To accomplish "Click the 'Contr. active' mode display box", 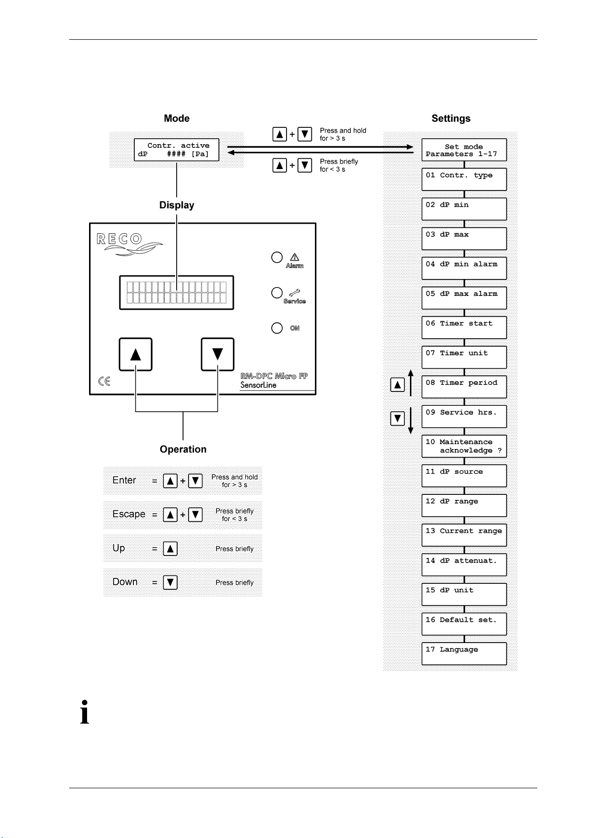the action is click(x=177, y=150).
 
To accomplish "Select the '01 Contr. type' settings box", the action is click(x=464, y=180).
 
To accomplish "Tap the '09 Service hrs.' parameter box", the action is click(x=464, y=416).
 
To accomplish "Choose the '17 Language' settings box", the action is click(x=464, y=653).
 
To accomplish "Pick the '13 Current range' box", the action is click(x=464, y=535).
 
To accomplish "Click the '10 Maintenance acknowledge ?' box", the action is click(x=464, y=446).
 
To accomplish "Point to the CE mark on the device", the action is click(x=104, y=381).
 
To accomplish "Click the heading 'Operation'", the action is click(x=183, y=449).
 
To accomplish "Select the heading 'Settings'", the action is click(x=451, y=118).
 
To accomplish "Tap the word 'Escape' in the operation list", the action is click(x=129, y=514).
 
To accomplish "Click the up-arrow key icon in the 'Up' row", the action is click(x=170, y=549).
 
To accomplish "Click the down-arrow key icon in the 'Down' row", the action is click(x=170, y=582).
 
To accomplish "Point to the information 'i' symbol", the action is click(x=85, y=712).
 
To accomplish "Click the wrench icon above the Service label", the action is click(x=295, y=292).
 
